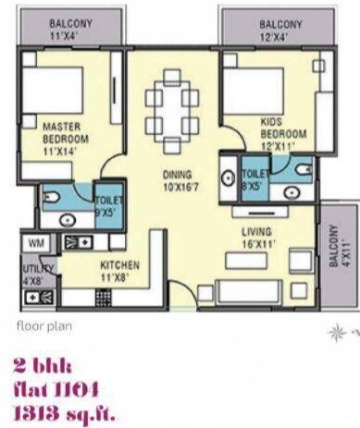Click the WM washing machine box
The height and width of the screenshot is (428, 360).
point(36,242)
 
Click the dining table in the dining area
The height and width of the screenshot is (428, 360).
point(171,101)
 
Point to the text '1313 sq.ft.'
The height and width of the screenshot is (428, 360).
point(65,405)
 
